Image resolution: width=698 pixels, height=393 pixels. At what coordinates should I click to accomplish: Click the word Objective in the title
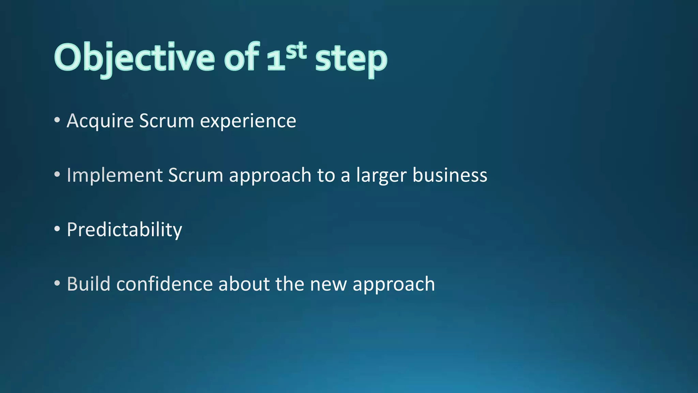coord(134,58)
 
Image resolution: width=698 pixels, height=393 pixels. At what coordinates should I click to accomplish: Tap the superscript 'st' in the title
coord(296,51)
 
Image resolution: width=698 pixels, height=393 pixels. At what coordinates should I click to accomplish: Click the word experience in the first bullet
coord(248,121)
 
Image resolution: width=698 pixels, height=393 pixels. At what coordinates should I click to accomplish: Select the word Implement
coord(115,175)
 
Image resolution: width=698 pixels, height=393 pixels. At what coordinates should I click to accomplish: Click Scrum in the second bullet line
coord(195,175)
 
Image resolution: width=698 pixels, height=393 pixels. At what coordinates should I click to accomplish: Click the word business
coord(450,175)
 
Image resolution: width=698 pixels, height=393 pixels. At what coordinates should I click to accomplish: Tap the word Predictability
coord(124,230)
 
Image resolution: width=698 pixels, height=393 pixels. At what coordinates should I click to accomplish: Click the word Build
coord(89,284)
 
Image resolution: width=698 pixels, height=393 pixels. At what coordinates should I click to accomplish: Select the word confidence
coord(164,284)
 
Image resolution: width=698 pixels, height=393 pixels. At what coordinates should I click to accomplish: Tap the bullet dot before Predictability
coord(57,229)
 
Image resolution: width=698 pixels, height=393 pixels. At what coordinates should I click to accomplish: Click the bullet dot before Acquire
coord(57,120)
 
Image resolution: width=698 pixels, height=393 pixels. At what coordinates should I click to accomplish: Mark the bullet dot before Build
coord(57,283)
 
